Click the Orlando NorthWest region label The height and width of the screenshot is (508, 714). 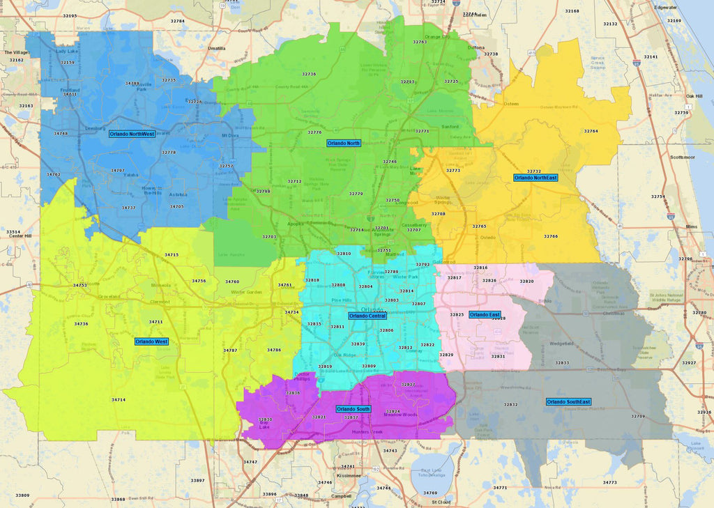point(132,133)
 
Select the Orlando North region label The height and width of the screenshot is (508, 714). point(344,143)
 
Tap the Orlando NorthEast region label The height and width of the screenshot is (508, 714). point(535,178)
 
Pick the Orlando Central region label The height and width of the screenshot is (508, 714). point(367,316)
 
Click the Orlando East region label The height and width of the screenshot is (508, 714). point(484,315)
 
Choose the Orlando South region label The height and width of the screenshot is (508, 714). point(354,409)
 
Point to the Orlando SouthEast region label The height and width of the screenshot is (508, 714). point(568,402)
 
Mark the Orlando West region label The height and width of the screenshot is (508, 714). point(151,341)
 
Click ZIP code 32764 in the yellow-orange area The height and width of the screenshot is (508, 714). point(591,131)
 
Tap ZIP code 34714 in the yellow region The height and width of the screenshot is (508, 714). point(119,399)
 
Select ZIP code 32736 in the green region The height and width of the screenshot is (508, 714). point(309,74)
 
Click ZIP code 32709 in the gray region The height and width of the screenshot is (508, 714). point(638,416)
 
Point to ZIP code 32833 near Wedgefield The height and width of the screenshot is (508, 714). point(562,362)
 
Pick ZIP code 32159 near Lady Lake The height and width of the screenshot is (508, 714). point(68,63)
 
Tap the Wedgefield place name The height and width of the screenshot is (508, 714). point(561,344)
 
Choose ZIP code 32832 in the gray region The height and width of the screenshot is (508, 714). point(511,404)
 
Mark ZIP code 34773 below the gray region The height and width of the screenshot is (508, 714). point(610,482)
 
